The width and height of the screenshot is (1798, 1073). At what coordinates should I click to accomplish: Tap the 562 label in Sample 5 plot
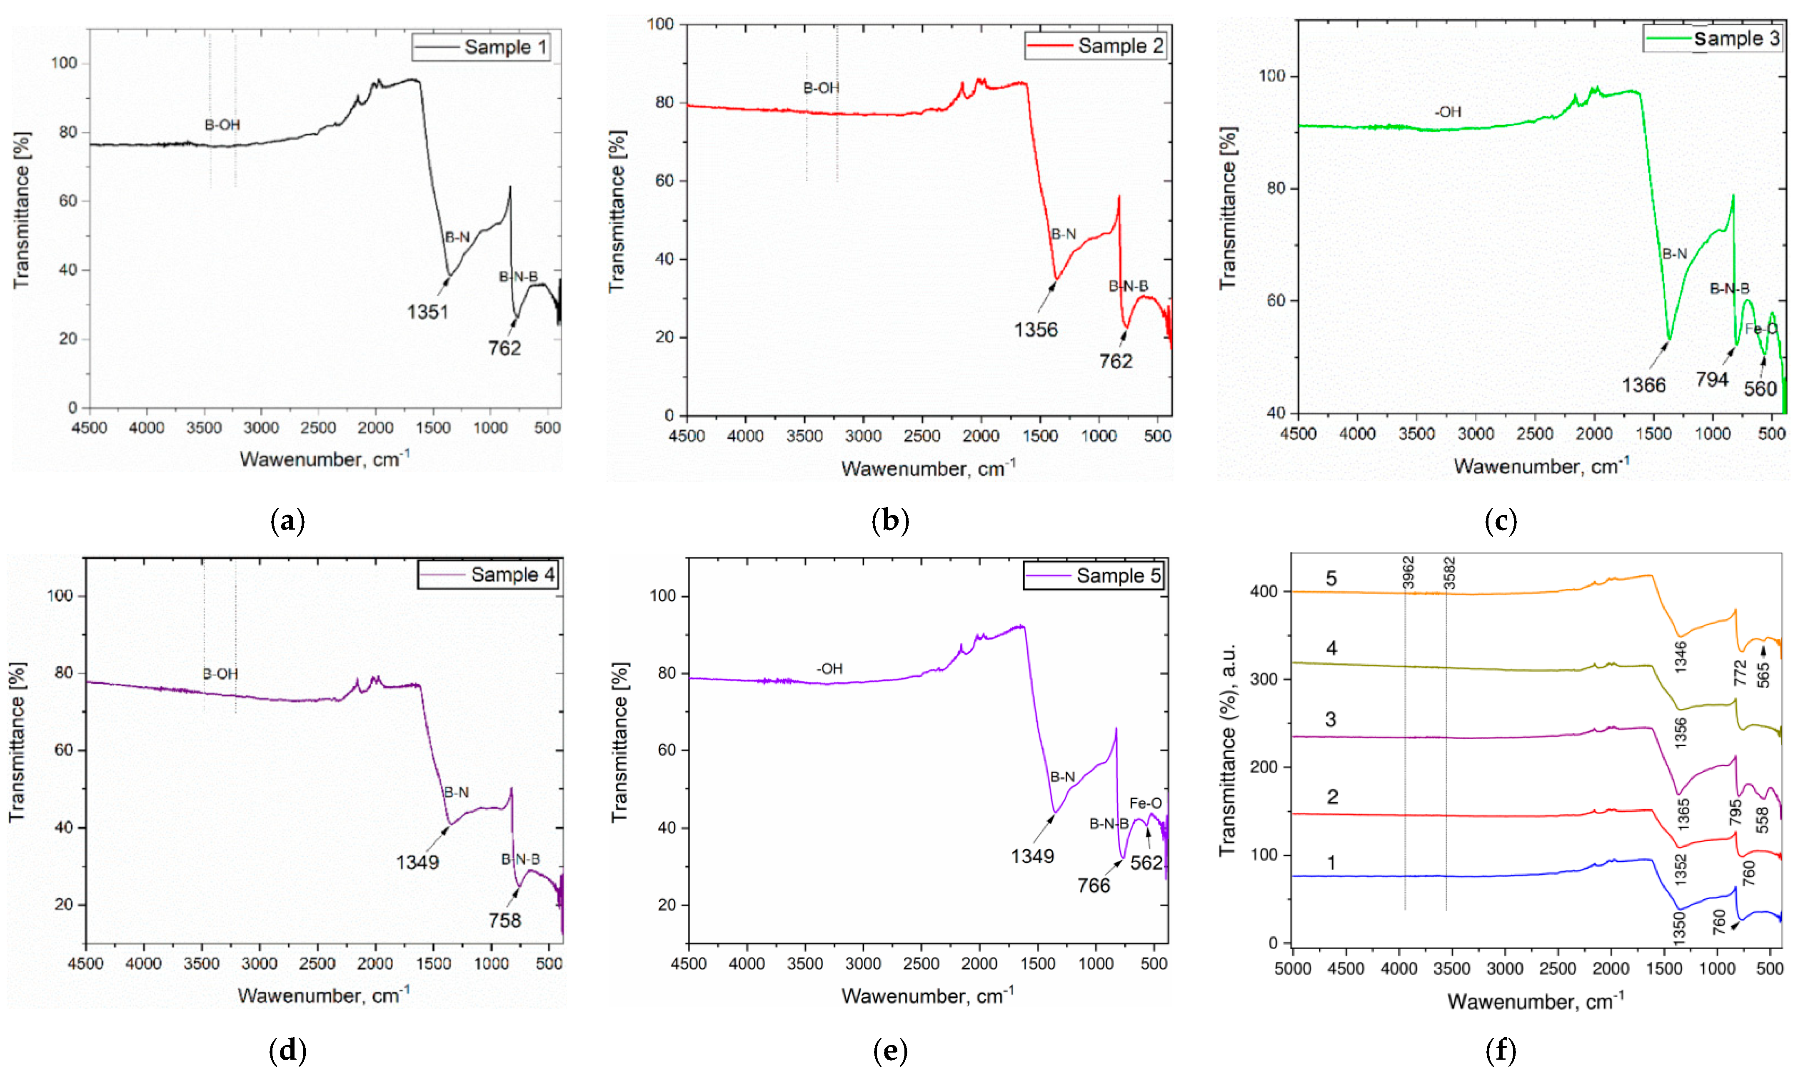tap(1146, 863)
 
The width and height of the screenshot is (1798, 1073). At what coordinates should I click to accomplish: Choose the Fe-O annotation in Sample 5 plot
tap(1146, 803)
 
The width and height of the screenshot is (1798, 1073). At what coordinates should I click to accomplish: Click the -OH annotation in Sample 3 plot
tap(1448, 112)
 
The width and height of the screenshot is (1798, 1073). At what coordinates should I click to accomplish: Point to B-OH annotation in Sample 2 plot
tap(821, 88)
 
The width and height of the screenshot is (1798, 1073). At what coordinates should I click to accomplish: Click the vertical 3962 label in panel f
tap(1408, 573)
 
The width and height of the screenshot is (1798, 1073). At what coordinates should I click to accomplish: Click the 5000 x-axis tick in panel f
tap(1293, 969)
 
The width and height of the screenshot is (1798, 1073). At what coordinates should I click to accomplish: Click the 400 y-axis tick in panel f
tap(1264, 591)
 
